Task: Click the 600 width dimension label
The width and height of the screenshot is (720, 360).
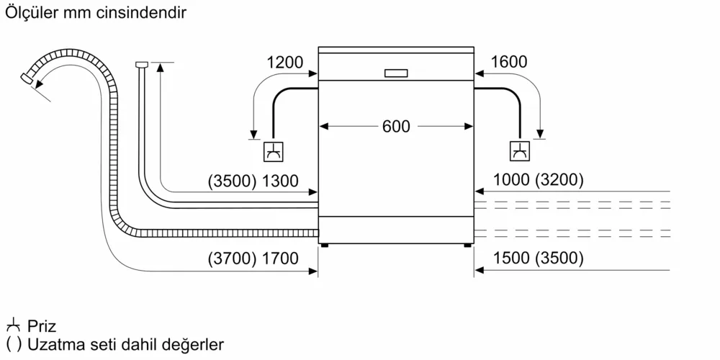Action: click(395, 127)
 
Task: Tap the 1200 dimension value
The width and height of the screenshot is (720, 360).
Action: click(284, 63)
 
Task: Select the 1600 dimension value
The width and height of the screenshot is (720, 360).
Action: click(508, 63)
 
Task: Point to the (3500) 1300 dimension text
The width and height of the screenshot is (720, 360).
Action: click(253, 181)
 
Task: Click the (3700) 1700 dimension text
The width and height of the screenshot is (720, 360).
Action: click(253, 259)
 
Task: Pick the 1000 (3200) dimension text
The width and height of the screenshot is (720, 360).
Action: click(538, 181)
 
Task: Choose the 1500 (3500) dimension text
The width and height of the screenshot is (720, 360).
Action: click(538, 259)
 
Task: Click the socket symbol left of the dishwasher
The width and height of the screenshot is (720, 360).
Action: click(274, 152)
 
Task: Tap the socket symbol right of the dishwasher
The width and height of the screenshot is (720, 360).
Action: click(518, 152)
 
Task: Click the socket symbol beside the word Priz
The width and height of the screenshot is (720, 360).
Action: click(12, 326)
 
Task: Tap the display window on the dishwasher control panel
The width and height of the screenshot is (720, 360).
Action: click(396, 73)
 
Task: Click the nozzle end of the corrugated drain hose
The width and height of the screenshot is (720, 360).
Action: click(28, 78)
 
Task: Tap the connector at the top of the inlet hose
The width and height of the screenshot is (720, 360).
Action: click(141, 66)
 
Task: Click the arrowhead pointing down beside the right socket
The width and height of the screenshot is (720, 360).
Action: click(541, 134)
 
